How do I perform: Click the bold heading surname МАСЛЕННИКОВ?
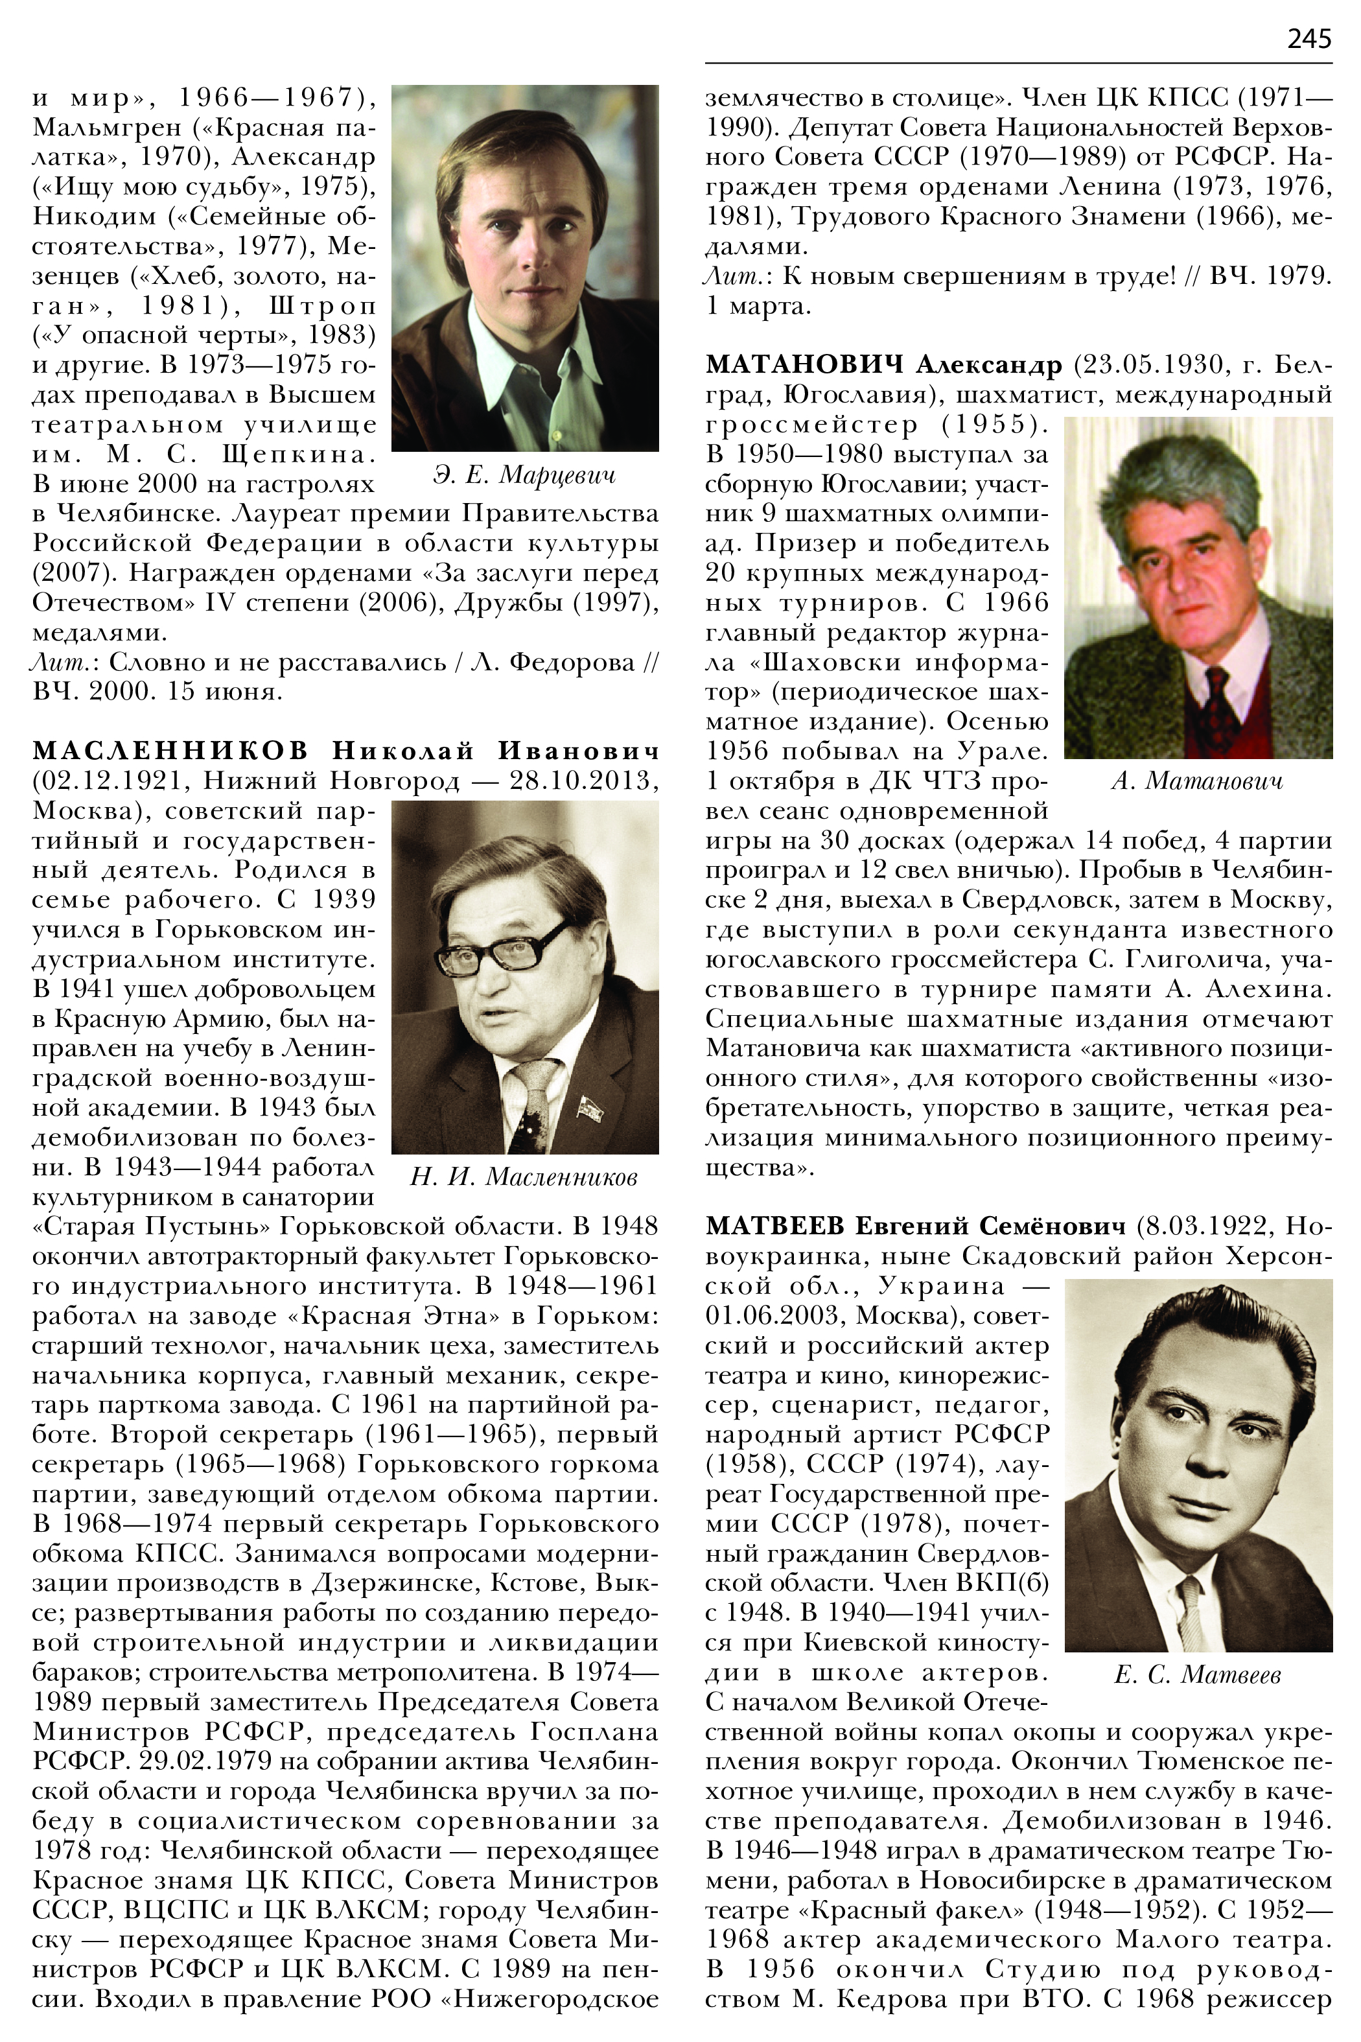[x=170, y=751]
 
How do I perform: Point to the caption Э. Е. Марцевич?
[x=524, y=475]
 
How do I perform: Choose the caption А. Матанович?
[x=1196, y=780]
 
